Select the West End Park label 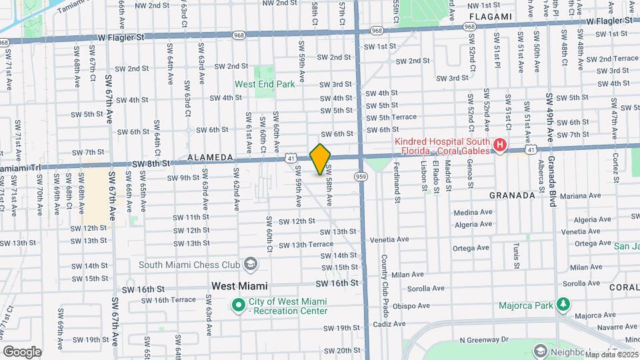click(265, 85)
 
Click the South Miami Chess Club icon click(250, 265)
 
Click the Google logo click(22, 351)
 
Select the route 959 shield click(361, 176)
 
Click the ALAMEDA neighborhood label click(209, 158)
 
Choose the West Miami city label click(239, 285)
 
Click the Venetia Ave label click(390, 239)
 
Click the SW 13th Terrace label click(306, 245)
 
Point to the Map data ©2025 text click(611, 354)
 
